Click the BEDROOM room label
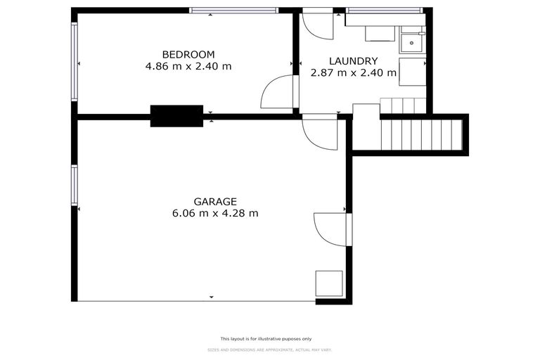click(x=188, y=54)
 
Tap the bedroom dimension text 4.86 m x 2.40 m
click(x=188, y=67)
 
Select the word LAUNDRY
click(x=354, y=60)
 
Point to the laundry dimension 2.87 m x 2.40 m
click(x=354, y=72)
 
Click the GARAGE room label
click(x=215, y=200)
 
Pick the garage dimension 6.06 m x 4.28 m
click(x=215, y=213)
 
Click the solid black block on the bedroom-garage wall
click(x=176, y=116)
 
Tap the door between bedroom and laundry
click(x=278, y=92)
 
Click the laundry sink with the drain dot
click(x=411, y=42)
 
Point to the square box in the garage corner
click(x=328, y=283)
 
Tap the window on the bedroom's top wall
click(x=234, y=11)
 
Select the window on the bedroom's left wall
click(x=74, y=61)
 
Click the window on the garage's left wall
click(x=74, y=186)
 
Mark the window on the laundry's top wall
click(x=385, y=11)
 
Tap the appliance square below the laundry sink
click(x=412, y=72)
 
